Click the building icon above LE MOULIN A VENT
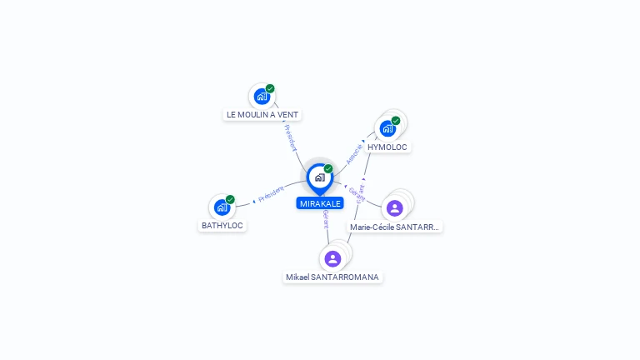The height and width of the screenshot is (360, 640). [x=262, y=96]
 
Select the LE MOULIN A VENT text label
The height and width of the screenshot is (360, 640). [x=262, y=114]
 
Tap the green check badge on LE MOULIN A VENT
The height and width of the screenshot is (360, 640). [x=270, y=88]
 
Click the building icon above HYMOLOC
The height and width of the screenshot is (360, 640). [x=387, y=128]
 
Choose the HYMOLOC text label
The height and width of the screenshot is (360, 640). [x=387, y=147]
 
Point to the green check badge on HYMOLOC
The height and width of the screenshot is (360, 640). [x=396, y=121]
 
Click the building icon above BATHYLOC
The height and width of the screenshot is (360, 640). [x=222, y=207]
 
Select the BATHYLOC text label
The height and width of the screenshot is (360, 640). [x=222, y=225]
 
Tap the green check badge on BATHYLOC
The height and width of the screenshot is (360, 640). [x=230, y=199]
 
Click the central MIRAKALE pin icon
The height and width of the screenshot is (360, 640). [x=319, y=177]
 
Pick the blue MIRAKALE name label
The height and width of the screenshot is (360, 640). [x=320, y=203]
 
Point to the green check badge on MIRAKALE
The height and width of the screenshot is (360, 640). [x=328, y=169]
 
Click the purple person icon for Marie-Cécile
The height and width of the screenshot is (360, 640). [x=395, y=207]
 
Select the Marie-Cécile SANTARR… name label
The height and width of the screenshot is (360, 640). [x=394, y=227]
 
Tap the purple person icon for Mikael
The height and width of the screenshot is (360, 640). [x=333, y=258]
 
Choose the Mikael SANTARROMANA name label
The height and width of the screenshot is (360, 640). [x=332, y=277]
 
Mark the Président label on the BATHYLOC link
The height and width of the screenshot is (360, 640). [x=271, y=194]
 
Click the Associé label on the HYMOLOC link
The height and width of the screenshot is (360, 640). [x=355, y=152]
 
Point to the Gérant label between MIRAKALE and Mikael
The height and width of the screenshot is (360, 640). [x=326, y=221]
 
